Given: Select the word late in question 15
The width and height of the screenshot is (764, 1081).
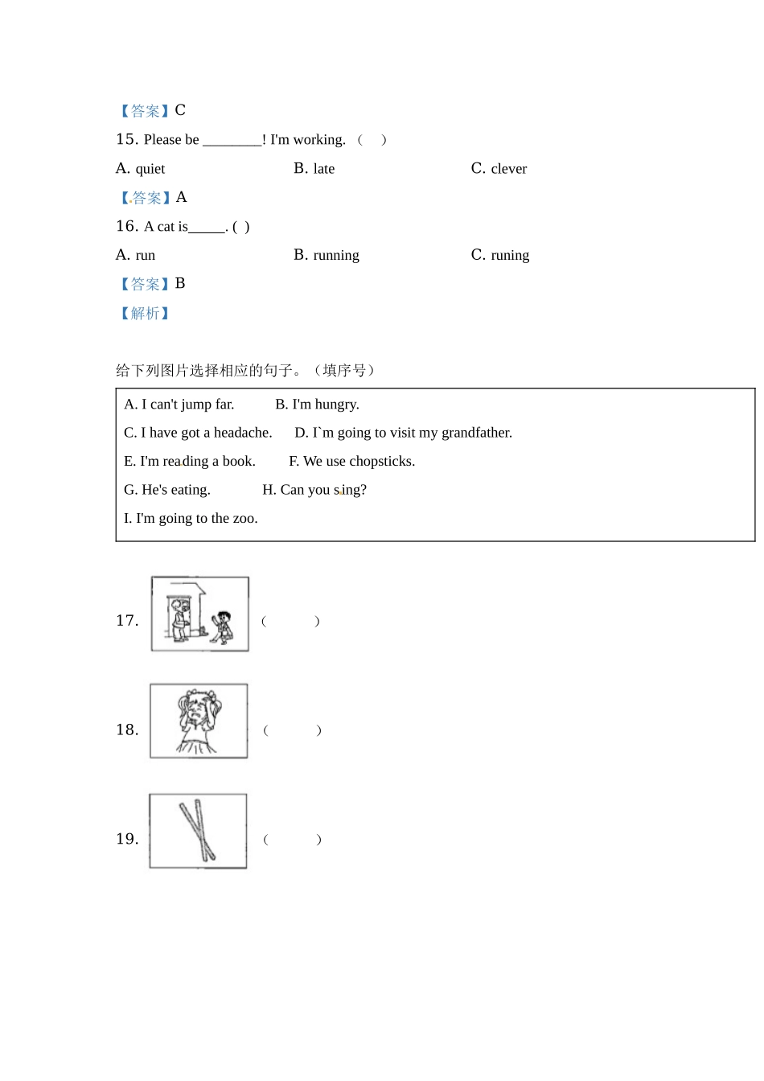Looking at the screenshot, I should coord(324,169).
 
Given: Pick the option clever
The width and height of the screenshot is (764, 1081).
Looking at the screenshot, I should coord(508,169).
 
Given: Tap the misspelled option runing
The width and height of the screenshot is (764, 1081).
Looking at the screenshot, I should coord(510,256).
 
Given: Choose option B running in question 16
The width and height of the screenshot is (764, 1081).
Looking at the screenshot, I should coord(336,256).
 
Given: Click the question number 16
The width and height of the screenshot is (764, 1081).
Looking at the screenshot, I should coord(127,227).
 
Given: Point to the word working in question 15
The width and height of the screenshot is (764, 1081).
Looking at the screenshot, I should coord(319,140).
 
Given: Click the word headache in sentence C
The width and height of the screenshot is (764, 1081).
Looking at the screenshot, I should coord(243,433).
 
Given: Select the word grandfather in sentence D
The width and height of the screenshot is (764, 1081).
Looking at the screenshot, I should coord(476,433).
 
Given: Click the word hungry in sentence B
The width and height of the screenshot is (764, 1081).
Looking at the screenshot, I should coord(337,405).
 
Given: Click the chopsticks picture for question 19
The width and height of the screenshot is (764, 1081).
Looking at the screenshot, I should coord(198,831).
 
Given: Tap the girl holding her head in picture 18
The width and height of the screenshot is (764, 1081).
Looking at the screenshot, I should coord(198,721).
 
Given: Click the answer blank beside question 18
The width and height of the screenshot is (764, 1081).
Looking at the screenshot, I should coord(292,730).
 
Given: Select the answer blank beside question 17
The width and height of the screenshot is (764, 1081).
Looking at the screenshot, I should coord(290,621).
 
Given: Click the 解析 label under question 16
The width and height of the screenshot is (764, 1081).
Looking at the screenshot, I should coord(145,314).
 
